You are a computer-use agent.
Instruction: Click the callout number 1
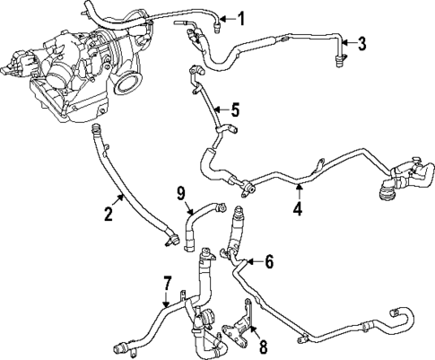click(239, 18)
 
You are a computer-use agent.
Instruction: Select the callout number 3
click(361, 43)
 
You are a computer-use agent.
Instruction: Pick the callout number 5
click(234, 110)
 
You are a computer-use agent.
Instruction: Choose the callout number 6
click(267, 261)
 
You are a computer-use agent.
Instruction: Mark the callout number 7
click(167, 285)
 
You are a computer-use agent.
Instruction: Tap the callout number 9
click(180, 192)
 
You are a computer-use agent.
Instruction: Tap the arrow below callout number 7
click(167, 301)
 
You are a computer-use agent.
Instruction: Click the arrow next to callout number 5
click(221, 110)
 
